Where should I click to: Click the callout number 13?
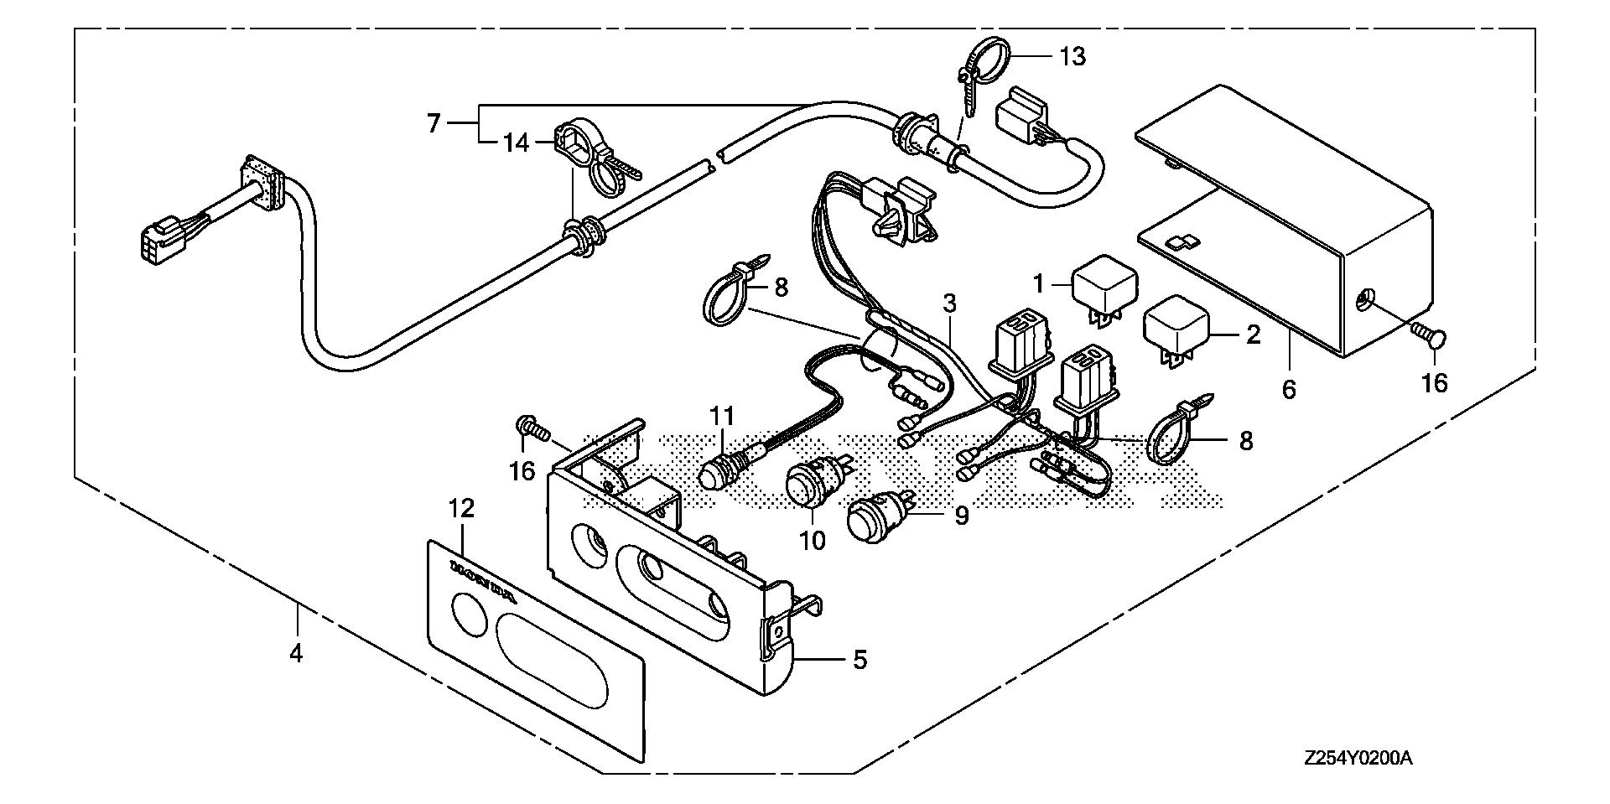[1072, 57]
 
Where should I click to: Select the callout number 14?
[517, 143]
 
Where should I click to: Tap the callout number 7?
[434, 124]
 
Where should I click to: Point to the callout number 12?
[461, 509]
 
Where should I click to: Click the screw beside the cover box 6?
[1429, 338]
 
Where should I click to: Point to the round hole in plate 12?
[461, 611]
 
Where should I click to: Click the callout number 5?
[860, 660]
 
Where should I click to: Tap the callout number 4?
[295, 651]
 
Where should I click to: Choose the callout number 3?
[949, 303]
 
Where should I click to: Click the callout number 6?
[1289, 389]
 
